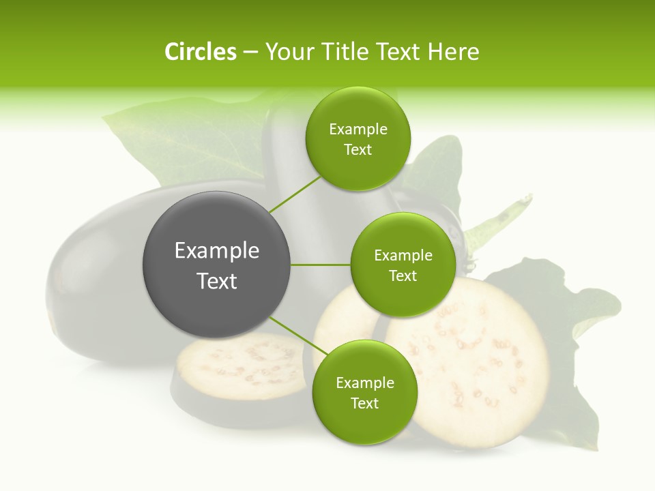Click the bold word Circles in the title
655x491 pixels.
point(200,52)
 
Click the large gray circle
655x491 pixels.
point(217,265)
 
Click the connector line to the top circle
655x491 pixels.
point(295,194)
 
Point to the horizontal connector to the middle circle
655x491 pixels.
point(321,265)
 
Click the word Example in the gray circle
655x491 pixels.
point(217,251)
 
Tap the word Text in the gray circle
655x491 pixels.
point(217,281)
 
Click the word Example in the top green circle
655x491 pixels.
point(358,130)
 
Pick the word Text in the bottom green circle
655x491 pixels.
point(365,403)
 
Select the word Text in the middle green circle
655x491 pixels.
point(403,276)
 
